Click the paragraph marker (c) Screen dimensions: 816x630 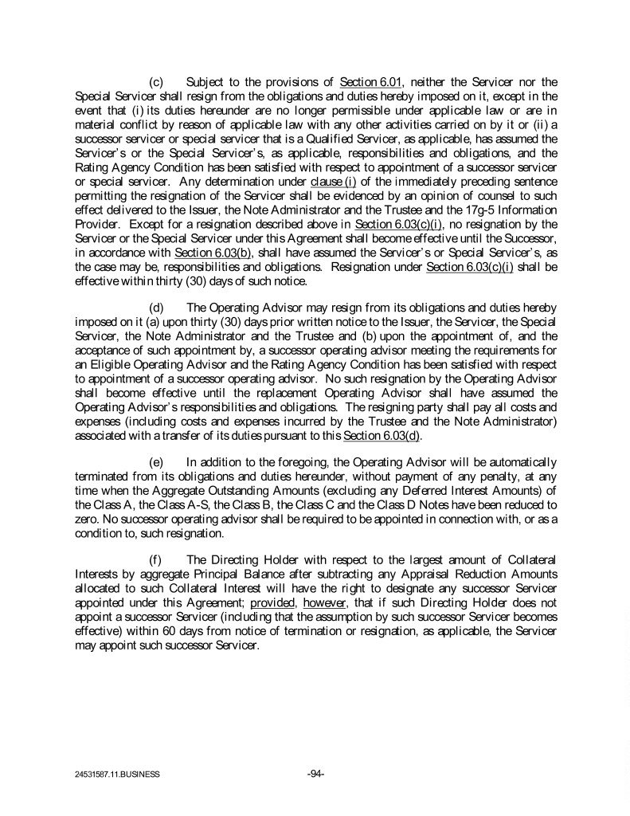coord(158,82)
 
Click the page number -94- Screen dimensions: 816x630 coord(315,772)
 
